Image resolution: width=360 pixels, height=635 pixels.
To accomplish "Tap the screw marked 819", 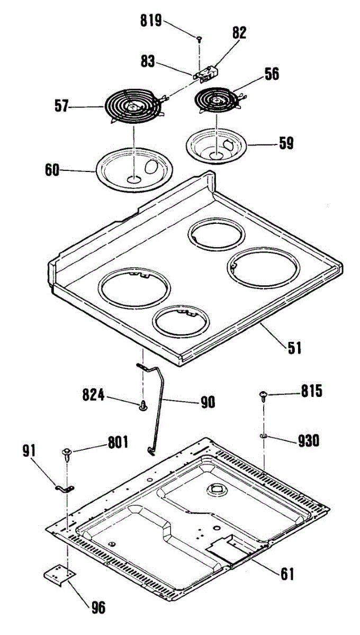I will (x=199, y=39).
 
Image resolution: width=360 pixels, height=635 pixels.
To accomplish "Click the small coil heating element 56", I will (x=217, y=99).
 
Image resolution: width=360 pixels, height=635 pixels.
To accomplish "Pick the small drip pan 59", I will (x=218, y=144).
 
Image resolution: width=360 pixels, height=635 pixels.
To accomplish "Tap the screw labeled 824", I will (x=143, y=406).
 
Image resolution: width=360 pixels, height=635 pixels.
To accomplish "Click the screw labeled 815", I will (x=264, y=394).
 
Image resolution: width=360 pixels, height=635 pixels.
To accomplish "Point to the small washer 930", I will (x=264, y=436).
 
